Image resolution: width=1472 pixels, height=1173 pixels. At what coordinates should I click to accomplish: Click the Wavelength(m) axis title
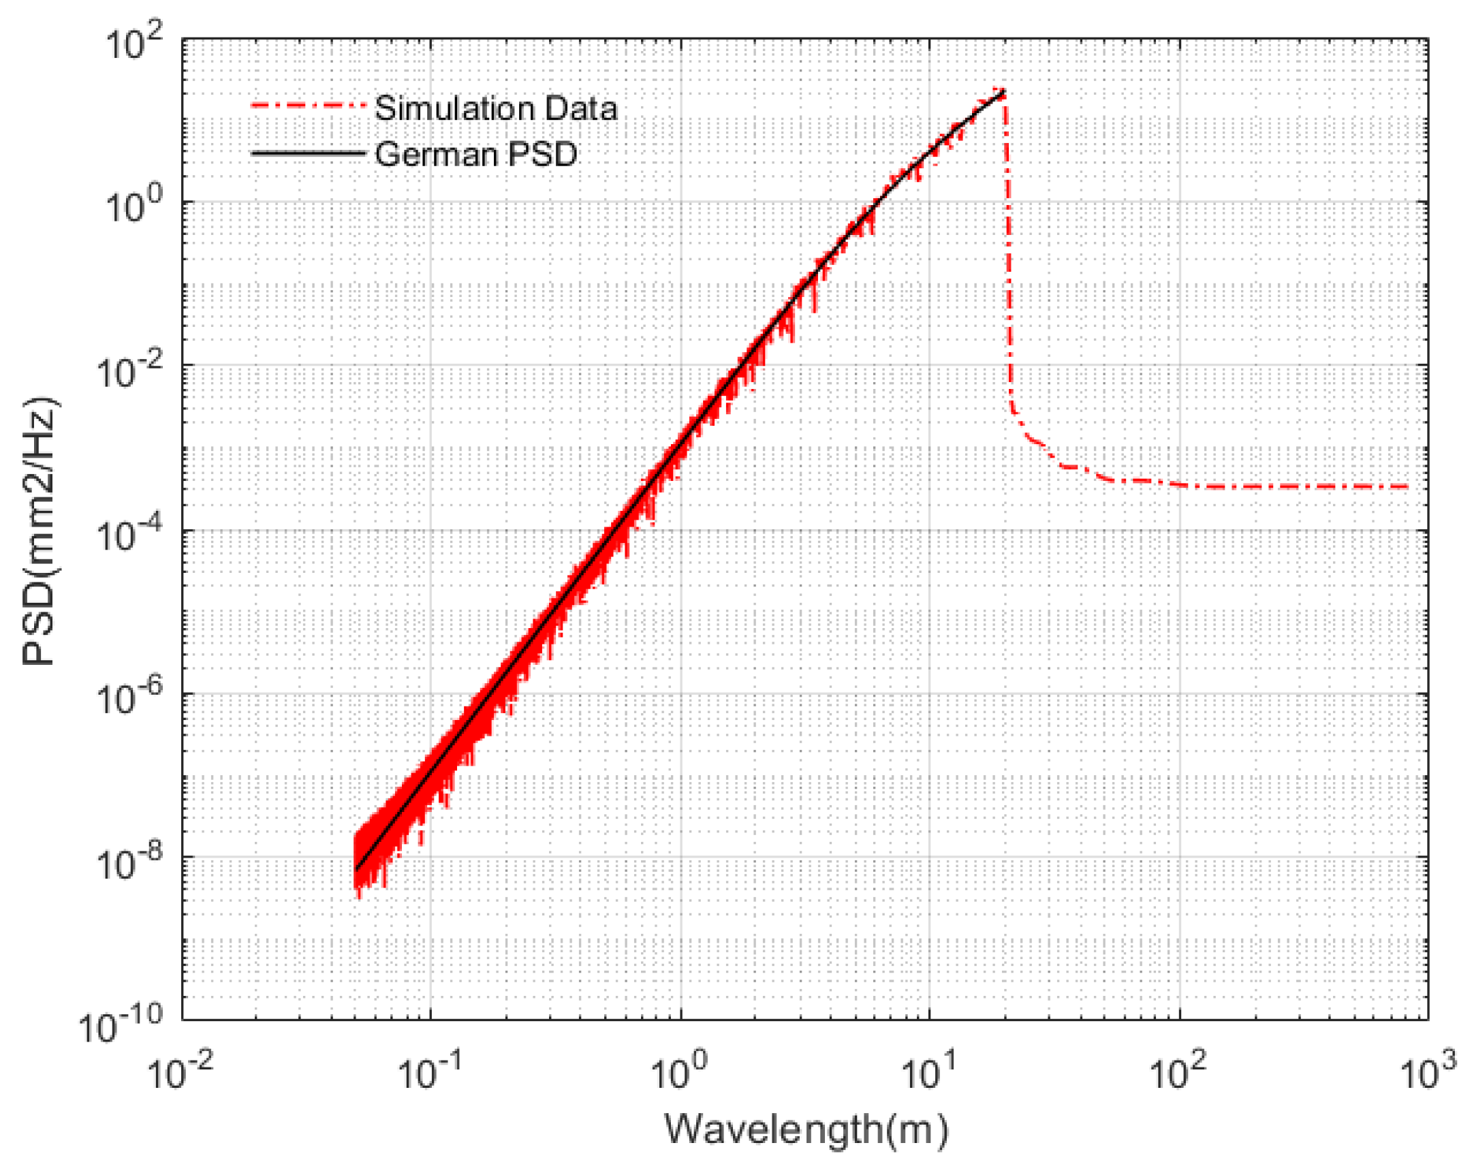[x=807, y=1130]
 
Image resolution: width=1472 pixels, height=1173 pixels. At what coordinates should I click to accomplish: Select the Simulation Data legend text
[x=496, y=108]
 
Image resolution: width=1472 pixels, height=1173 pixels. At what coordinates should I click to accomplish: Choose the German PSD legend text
[x=476, y=154]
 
